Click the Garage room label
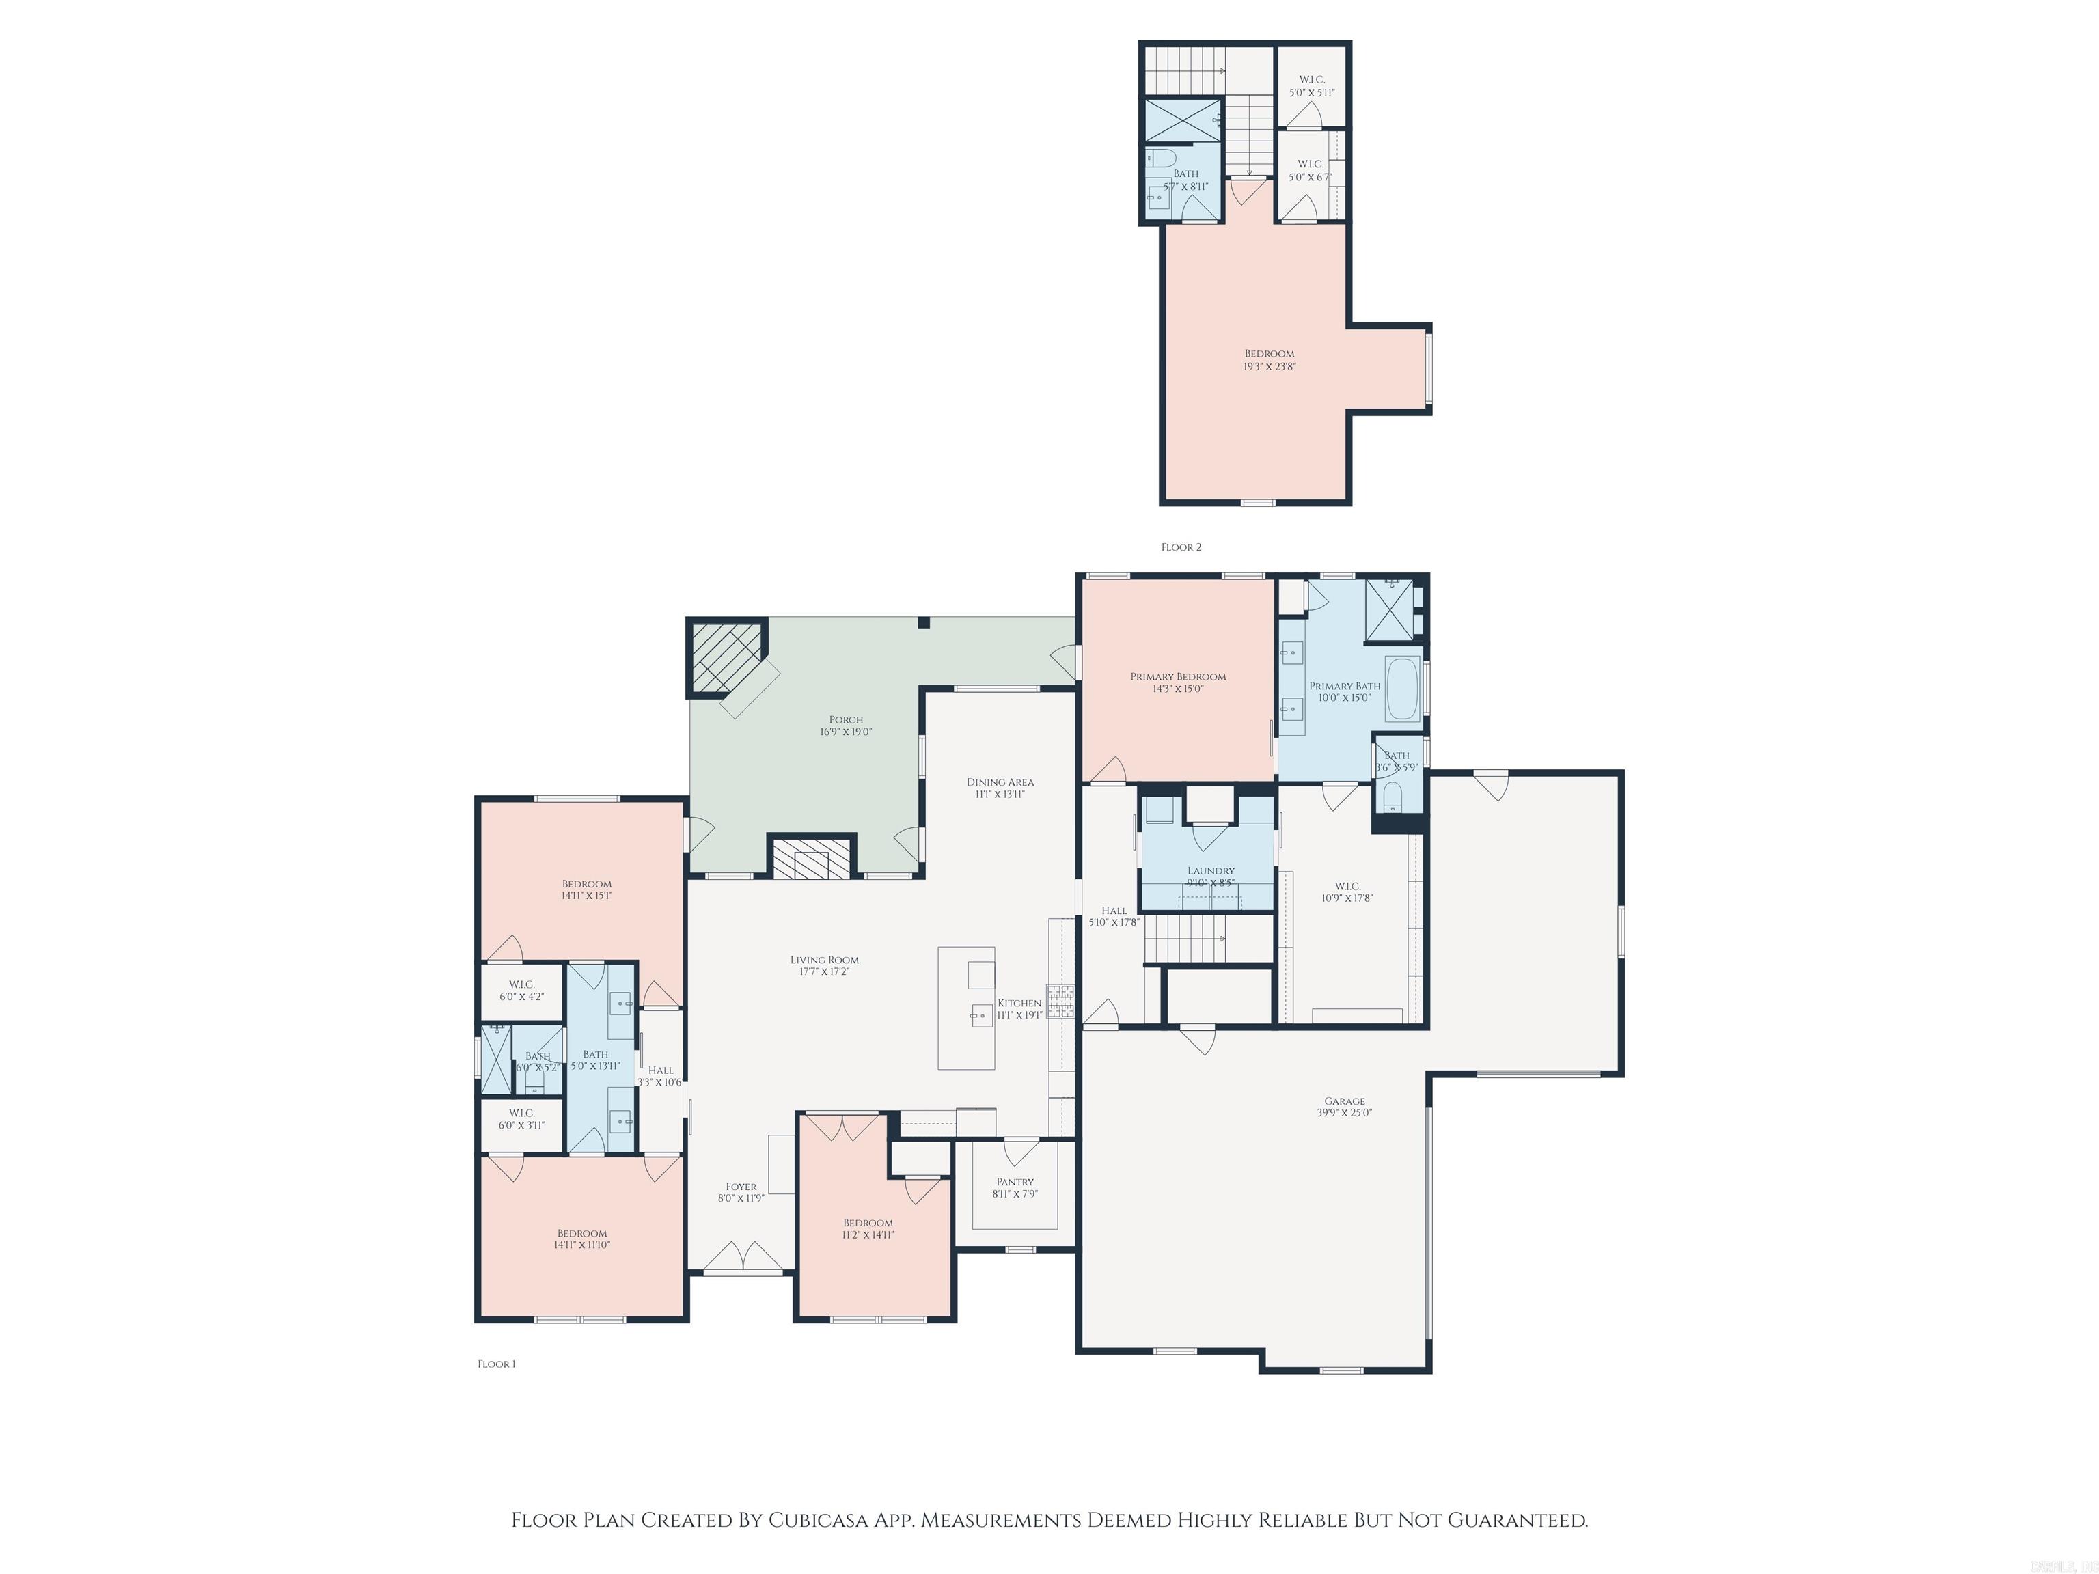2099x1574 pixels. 1344,1101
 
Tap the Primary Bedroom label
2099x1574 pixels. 1177,676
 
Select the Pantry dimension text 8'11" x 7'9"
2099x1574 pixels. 1015,1193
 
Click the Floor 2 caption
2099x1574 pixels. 1181,547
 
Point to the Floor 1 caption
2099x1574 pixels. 496,1364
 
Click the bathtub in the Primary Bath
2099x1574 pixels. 1403,689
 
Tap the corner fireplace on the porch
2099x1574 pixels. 726,657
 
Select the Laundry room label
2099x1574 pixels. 1211,871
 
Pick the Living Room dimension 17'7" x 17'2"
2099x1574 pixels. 825,971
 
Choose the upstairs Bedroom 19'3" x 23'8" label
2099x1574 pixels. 1269,354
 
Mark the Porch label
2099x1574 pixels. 845,720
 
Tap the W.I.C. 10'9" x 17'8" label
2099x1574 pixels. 1347,886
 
